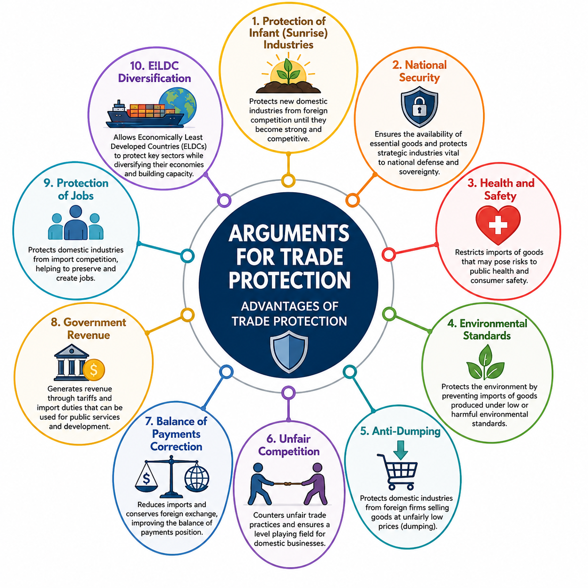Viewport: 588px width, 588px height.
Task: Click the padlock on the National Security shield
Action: pos(419,106)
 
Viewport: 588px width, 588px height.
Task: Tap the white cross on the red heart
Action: pos(498,225)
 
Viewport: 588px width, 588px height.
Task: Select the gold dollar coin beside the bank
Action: pos(94,369)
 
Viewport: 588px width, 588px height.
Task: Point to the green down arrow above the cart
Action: pos(400,450)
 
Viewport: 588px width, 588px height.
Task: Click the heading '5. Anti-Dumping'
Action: pos(400,431)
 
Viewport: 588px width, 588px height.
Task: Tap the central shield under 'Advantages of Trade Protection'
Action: pos(289,352)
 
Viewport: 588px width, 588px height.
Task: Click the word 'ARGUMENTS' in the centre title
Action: pos(289,233)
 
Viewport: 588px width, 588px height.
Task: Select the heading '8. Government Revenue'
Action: pos(89,328)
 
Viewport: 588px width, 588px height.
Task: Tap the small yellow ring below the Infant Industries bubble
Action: pos(288,181)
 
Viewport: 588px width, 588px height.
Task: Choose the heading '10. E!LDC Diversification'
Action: pos(154,72)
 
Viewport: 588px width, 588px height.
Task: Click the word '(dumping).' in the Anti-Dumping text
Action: pos(407,526)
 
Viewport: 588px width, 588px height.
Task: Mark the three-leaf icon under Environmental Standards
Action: pos(485,362)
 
